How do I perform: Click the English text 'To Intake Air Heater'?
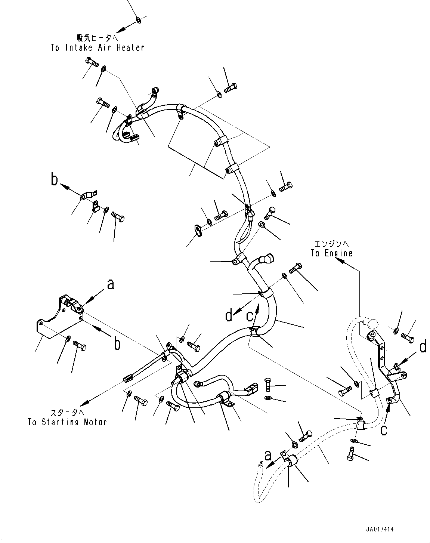[97, 48]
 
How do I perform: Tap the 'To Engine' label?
[331, 253]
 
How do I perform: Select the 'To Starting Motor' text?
[67, 422]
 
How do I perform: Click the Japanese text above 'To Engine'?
[331, 244]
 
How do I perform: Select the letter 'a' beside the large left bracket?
[110, 285]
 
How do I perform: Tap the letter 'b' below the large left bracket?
[117, 344]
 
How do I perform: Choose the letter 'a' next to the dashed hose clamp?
[267, 456]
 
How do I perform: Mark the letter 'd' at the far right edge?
[423, 347]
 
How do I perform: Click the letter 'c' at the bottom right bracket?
[384, 430]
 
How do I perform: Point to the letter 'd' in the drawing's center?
[229, 316]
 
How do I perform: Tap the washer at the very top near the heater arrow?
[138, 20]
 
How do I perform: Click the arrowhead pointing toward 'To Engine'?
[340, 261]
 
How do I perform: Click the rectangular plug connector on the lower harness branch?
[250, 391]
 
